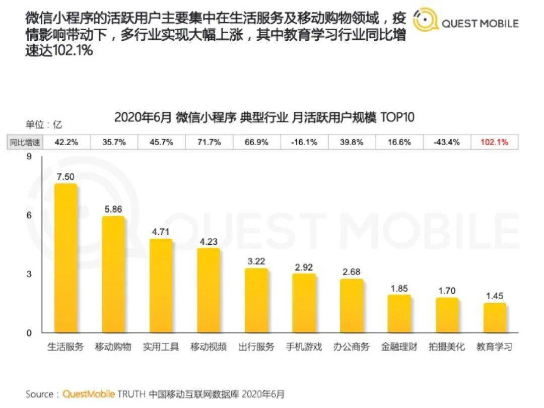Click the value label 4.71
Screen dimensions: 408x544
(x=161, y=232)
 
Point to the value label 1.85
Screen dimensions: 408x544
(x=399, y=289)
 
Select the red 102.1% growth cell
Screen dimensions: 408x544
(x=495, y=142)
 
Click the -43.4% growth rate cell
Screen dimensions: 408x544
(x=446, y=142)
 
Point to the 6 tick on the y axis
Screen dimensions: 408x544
(x=29, y=215)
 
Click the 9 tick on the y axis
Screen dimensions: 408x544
(x=29, y=157)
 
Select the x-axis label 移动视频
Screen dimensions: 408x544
(x=209, y=347)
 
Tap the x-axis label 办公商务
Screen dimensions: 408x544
(x=352, y=347)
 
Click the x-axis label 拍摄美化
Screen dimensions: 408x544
(x=447, y=347)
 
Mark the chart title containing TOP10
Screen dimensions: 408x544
(x=264, y=117)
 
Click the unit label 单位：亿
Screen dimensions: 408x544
(x=44, y=124)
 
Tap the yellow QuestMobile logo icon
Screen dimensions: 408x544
(x=426, y=21)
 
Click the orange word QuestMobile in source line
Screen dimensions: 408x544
(x=89, y=394)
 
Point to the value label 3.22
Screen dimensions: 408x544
(x=256, y=261)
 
